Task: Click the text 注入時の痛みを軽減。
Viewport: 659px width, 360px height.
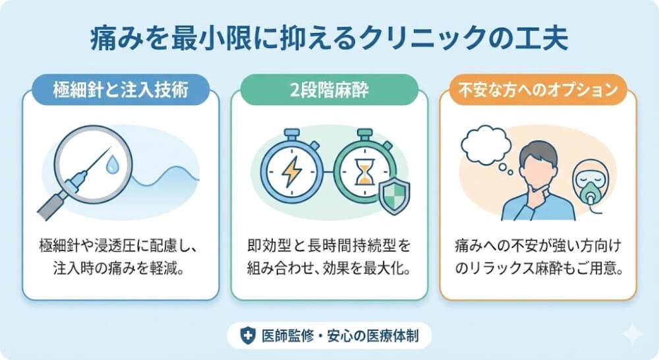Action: click(121, 269)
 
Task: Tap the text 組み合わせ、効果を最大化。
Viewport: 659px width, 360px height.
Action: click(329, 269)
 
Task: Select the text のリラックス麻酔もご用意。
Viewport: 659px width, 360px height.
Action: click(538, 269)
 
